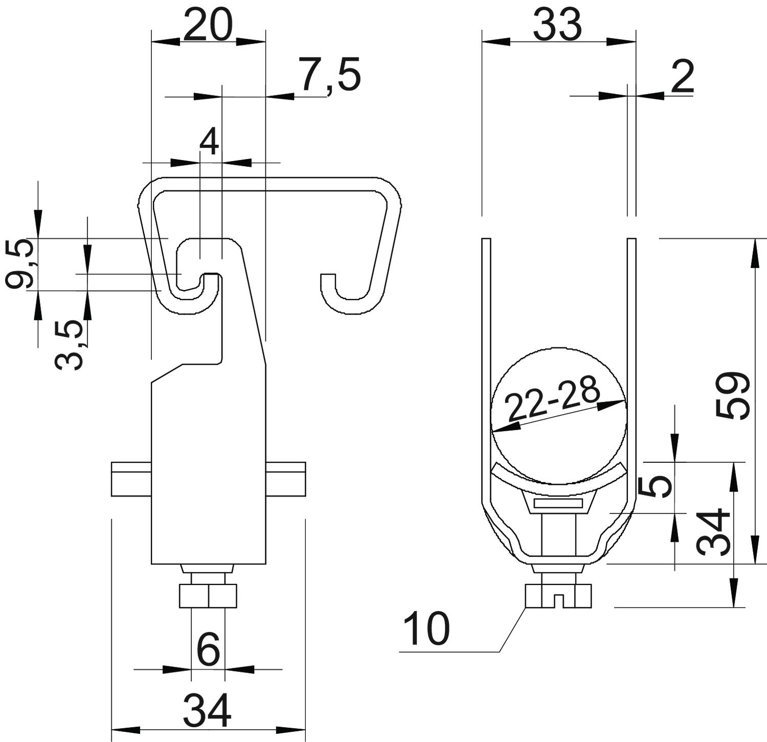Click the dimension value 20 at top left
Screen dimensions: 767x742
click(x=208, y=25)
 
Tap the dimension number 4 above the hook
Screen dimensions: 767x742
click(x=209, y=142)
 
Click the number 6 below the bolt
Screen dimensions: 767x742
click(x=208, y=649)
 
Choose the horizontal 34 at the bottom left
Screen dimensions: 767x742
click(x=207, y=710)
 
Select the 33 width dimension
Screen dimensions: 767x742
click(x=557, y=25)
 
